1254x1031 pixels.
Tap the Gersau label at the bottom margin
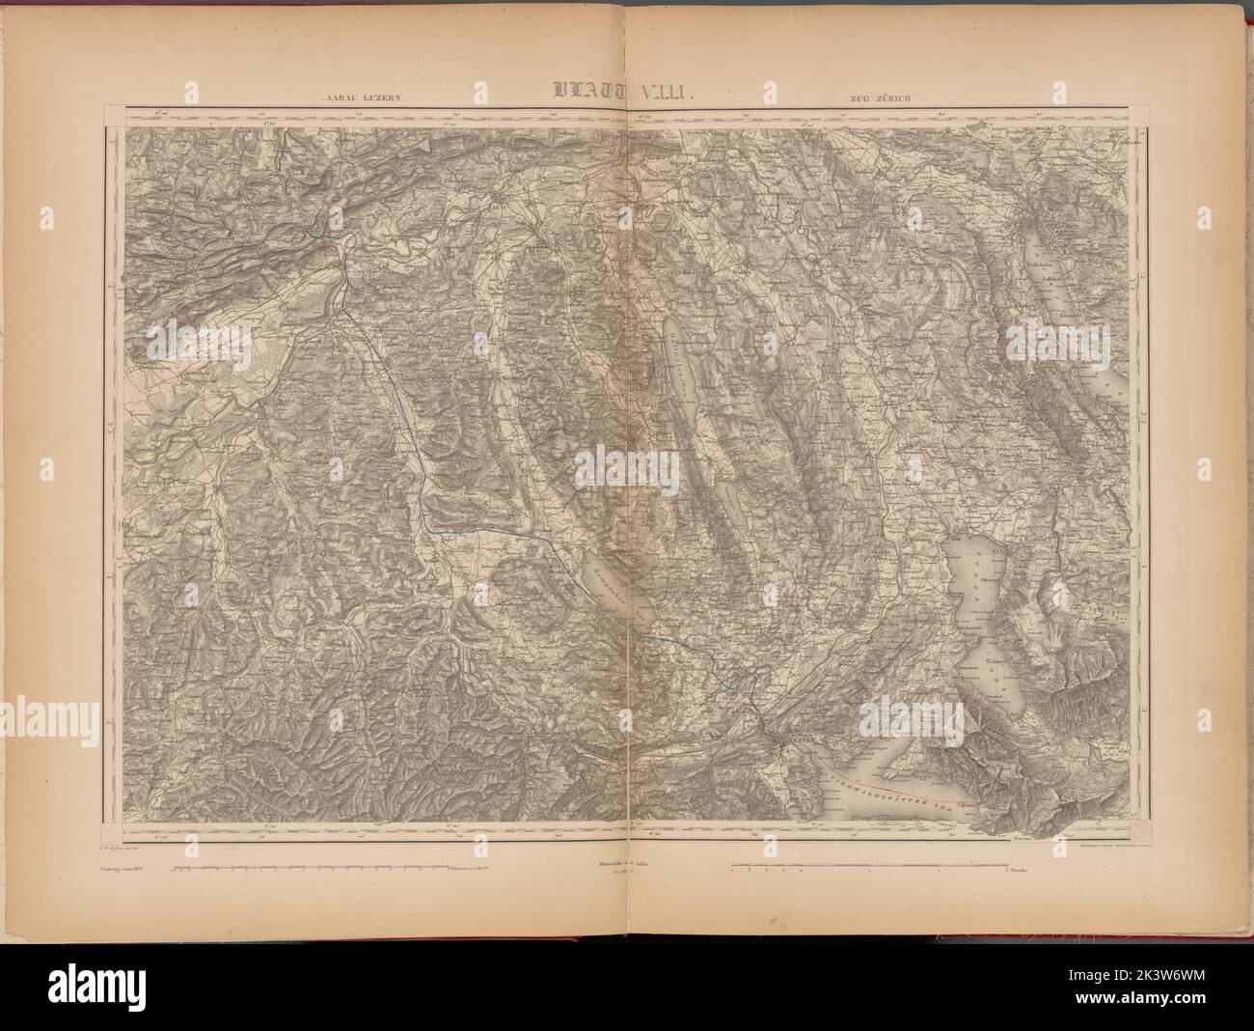[1025, 839]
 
